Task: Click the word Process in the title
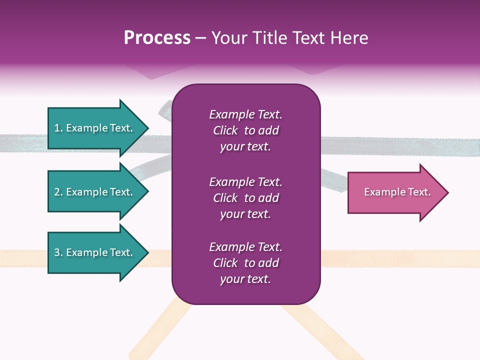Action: click(157, 38)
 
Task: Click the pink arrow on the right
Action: click(395, 192)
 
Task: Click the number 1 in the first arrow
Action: click(57, 128)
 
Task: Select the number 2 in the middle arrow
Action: click(57, 192)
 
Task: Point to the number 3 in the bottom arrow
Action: click(57, 252)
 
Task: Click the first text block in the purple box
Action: click(245, 130)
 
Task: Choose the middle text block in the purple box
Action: click(245, 198)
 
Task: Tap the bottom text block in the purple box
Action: click(245, 263)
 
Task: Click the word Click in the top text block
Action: click(225, 130)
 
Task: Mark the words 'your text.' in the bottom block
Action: click(245, 279)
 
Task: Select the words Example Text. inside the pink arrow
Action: click(397, 192)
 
